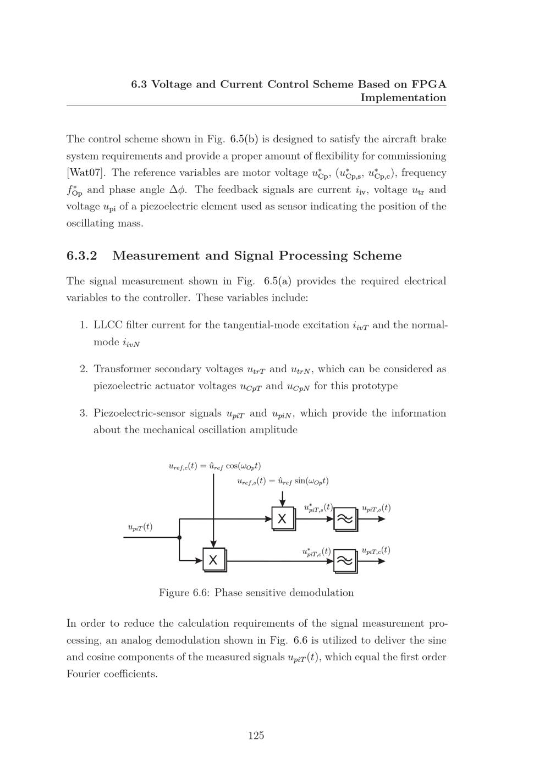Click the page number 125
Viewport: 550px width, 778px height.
(x=256, y=736)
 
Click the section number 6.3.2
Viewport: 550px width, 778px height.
(x=82, y=256)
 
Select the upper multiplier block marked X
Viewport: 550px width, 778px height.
(x=283, y=518)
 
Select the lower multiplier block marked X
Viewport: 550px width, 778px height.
(x=213, y=560)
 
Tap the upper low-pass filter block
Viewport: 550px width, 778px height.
(x=345, y=518)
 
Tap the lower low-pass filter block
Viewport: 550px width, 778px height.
(x=345, y=561)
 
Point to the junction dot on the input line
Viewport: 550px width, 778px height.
(x=179, y=537)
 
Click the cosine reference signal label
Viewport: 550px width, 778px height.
(x=215, y=466)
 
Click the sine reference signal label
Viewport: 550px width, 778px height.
(x=283, y=481)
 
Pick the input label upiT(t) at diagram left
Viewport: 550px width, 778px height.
(x=140, y=527)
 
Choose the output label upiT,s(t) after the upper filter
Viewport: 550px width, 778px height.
(x=376, y=508)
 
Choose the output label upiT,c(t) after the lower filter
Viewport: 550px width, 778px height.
(x=376, y=550)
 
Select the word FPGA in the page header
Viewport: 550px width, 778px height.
(x=429, y=84)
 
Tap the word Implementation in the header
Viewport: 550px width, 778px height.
(x=403, y=98)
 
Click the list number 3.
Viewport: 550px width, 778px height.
(x=84, y=413)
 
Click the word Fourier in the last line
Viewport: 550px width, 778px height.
(x=84, y=674)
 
